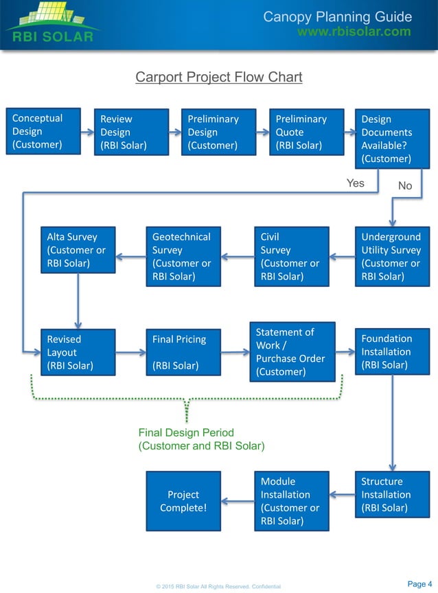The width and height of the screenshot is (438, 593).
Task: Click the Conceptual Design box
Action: (x=43, y=131)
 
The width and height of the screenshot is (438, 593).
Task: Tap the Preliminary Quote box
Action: (x=306, y=132)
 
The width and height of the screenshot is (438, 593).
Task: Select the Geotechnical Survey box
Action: (x=183, y=256)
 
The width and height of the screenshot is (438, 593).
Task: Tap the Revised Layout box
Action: (x=78, y=352)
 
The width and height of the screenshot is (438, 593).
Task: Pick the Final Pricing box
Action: (x=183, y=352)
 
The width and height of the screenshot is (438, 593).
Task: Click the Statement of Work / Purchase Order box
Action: (x=292, y=351)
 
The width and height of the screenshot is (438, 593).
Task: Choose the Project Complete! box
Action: (x=183, y=501)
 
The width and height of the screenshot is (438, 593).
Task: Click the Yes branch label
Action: (x=356, y=183)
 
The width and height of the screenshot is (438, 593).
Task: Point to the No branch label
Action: (x=405, y=186)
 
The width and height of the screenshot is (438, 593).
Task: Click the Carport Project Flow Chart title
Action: (x=219, y=77)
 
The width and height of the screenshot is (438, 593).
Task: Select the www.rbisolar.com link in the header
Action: (x=354, y=32)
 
